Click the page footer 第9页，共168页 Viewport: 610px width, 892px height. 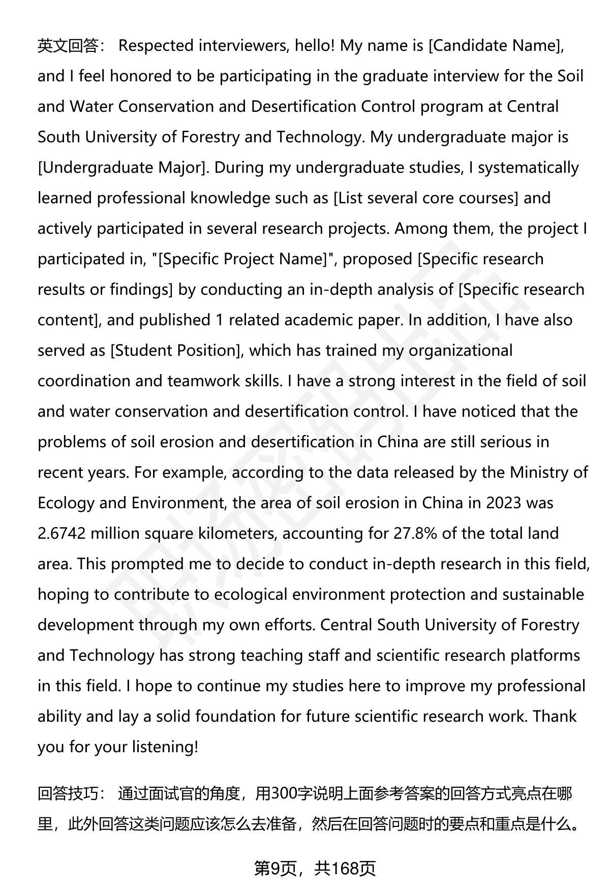coord(315,869)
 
